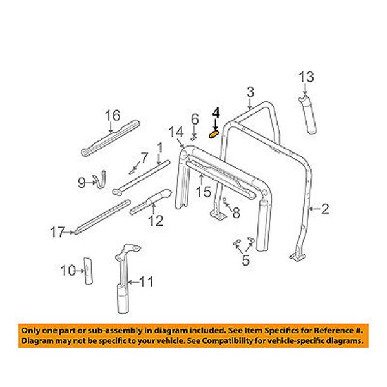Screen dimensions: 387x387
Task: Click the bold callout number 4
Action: (x=216, y=113)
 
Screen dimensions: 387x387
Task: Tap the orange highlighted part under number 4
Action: (x=214, y=133)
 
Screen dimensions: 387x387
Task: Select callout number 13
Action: (x=306, y=77)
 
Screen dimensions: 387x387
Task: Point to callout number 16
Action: (x=112, y=115)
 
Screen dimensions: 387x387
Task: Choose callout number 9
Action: (x=81, y=183)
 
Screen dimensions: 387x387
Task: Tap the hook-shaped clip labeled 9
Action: (x=99, y=178)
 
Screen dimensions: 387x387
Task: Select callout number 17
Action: (x=57, y=233)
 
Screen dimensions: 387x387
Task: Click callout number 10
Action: (x=67, y=271)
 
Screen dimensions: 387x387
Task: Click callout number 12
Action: (x=156, y=221)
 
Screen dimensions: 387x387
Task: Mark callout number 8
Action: (x=235, y=214)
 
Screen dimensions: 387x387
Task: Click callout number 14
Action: (x=175, y=132)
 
